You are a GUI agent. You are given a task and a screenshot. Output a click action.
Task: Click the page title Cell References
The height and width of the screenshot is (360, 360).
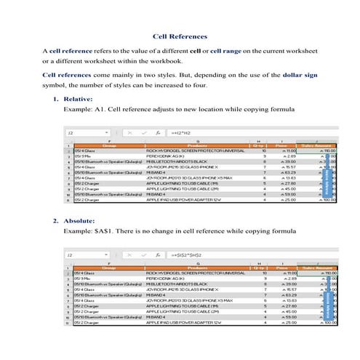[180, 36]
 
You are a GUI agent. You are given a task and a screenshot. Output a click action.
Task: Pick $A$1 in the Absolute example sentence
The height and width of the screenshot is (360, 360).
[104, 231]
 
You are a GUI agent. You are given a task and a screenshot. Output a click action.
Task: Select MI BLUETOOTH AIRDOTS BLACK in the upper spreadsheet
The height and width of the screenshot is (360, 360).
[179, 162]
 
